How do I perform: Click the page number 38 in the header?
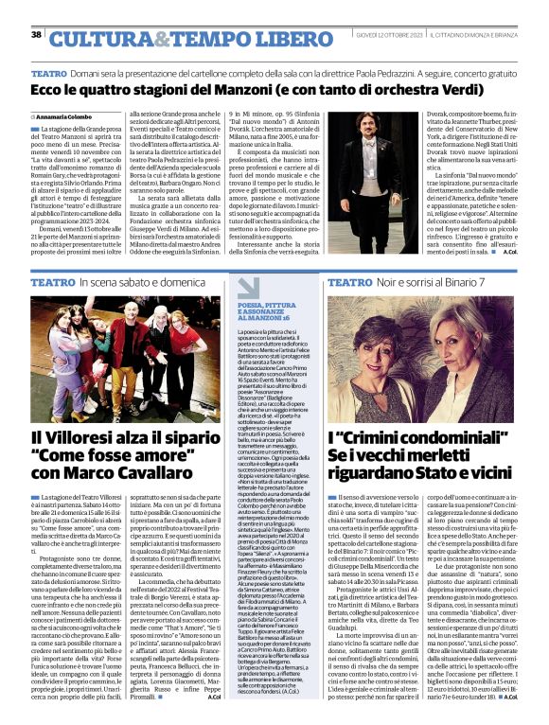[36, 35]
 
